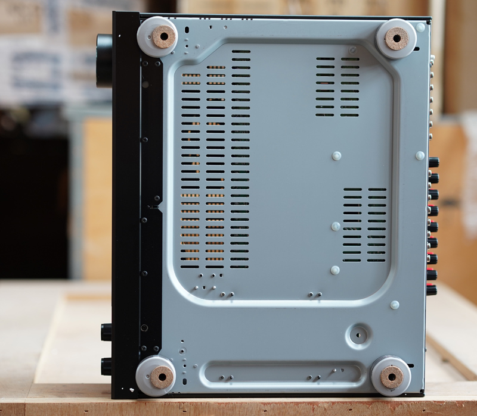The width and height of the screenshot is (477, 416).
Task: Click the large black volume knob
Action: click(104, 60)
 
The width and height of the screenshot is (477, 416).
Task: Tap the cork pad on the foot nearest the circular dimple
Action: click(391, 376)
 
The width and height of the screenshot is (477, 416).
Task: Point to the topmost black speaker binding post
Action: click(433, 162)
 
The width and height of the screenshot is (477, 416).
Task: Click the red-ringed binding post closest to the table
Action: click(432, 290)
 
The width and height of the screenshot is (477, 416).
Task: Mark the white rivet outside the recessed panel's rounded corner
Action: click(395, 305)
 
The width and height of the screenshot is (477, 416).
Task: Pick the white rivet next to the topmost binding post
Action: click(420, 155)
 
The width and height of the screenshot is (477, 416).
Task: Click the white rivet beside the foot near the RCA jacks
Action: click(420, 27)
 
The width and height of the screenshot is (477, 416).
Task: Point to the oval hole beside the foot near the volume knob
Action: click(187, 28)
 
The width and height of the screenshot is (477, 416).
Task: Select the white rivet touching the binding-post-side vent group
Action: click(336, 226)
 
